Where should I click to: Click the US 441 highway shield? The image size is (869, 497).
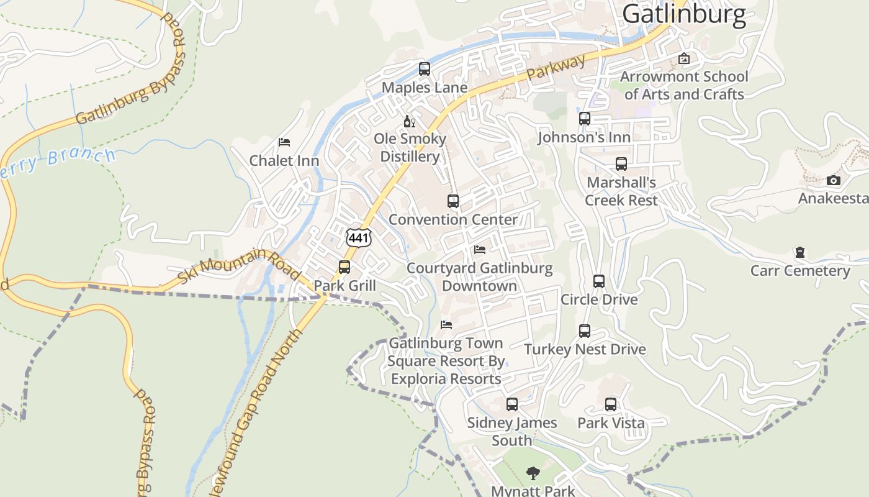coord(359,237)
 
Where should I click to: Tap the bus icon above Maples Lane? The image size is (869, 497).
coord(425,69)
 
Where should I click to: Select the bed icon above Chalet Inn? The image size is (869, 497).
coord(284,142)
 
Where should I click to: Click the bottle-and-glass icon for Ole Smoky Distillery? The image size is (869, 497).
coord(410,121)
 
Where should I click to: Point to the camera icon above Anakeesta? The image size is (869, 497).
coord(834,181)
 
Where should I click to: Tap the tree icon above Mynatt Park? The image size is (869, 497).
coord(533,473)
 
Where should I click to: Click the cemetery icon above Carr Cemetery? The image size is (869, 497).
coord(800,253)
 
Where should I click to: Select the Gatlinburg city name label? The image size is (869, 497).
coord(684,14)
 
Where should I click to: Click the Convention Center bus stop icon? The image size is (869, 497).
coord(453,201)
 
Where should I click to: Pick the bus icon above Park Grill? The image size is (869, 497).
coord(344,267)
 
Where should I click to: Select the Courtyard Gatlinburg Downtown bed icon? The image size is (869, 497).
coord(480,250)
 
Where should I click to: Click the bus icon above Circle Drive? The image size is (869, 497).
coord(599,281)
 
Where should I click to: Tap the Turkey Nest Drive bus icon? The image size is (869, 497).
coord(585,331)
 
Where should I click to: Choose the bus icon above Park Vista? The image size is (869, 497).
coord(611,404)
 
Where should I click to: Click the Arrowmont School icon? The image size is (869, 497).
coord(684,58)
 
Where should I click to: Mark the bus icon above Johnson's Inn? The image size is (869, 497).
coord(585,119)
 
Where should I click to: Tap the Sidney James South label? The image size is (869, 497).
coord(512,431)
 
